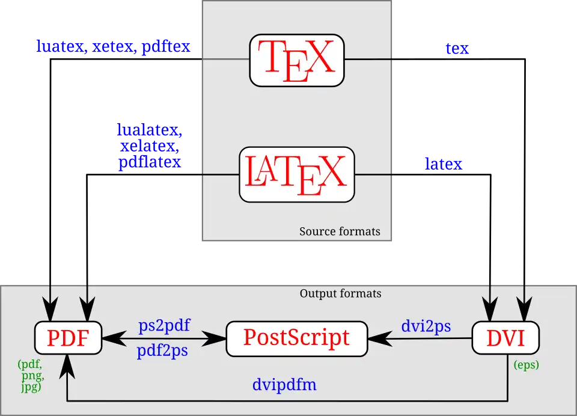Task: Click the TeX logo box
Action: coord(297,60)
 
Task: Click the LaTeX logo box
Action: coord(297,174)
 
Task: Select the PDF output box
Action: coord(68,338)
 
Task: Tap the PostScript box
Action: coord(296,338)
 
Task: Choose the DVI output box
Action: coord(505,338)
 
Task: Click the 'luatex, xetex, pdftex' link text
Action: coord(114,47)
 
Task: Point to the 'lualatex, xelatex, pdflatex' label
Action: coord(150,146)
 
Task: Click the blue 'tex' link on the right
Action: coord(457,48)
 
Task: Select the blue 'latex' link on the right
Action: coord(444,163)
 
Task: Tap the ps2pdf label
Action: coord(164,326)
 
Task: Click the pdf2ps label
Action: coord(163,350)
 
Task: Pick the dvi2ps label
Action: coord(426,326)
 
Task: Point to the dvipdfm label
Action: coord(284,385)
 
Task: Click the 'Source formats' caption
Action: coord(340,231)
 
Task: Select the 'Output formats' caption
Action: coord(340,294)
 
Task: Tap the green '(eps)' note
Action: coord(526,365)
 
